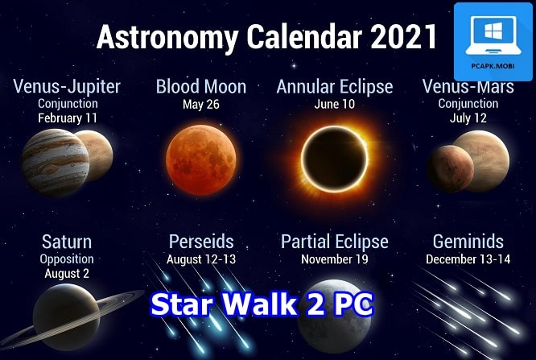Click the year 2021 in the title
coord(403,36)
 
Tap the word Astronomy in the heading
coord(168,38)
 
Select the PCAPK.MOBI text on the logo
coord(493,66)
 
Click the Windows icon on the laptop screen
coord(493,30)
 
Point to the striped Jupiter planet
coord(56,163)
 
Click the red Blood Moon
coord(201,159)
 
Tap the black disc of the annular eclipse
coord(335,159)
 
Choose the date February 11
coord(68,118)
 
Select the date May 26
coord(201,105)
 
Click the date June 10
coord(335,104)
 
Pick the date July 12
coord(468,118)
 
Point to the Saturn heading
coord(67,242)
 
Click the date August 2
coord(67,273)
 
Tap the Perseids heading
coord(201,242)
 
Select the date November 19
coord(335,259)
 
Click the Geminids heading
coord(468,242)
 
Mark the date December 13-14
coord(468,259)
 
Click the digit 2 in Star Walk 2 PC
coord(316,304)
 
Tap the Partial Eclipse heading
coord(335,242)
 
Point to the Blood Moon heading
coord(201,87)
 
